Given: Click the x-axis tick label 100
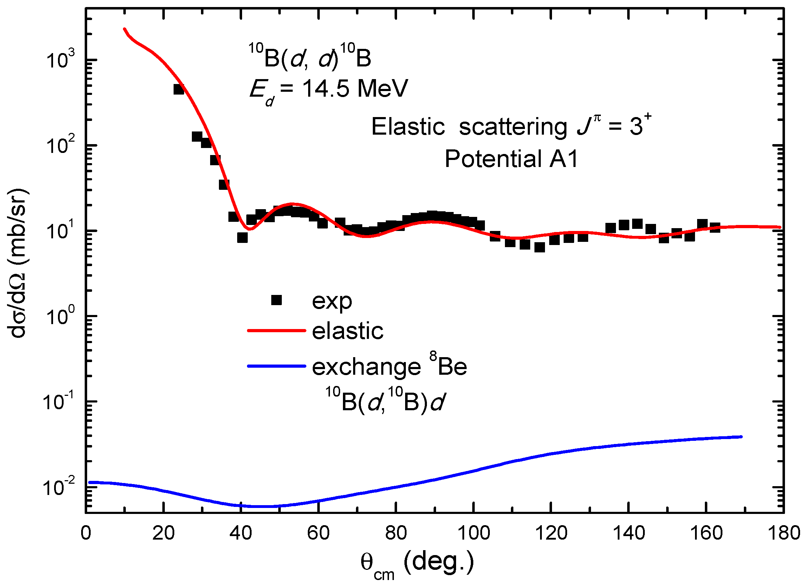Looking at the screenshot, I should [473, 533].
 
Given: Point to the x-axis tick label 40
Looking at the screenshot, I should [241, 533].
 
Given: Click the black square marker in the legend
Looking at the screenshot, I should [276, 300].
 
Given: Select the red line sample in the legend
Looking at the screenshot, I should [276, 331].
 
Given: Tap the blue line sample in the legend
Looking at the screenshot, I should [276, 366].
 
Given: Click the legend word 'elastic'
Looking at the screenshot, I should [348, 331].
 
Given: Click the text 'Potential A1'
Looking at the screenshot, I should [511, 159].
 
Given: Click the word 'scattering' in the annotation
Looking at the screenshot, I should [513, 127].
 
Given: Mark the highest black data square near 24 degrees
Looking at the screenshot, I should [178, 89].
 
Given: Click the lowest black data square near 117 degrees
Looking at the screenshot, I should [539, 247].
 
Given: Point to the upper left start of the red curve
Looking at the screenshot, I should [124, 29].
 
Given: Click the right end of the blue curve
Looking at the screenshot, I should [741, 437].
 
